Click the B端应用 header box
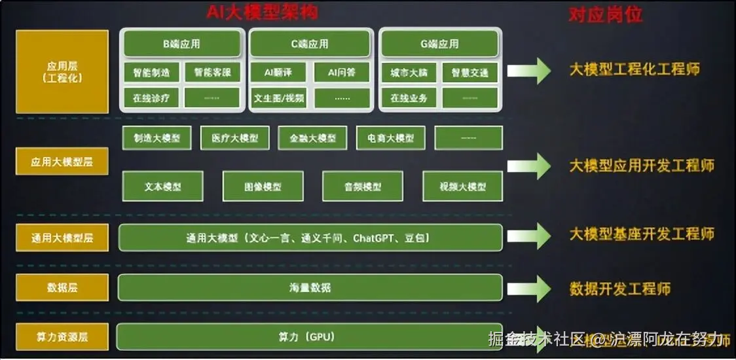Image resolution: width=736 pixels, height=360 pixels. (181, 44)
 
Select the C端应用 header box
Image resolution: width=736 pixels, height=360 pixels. (310, 44)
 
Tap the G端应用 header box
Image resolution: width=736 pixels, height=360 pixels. (439, 44)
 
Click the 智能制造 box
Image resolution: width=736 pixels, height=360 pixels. (151, 73)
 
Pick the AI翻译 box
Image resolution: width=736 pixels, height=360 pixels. (278, 73)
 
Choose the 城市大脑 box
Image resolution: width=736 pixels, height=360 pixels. (409, 73)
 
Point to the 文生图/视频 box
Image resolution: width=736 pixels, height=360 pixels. (278, 98)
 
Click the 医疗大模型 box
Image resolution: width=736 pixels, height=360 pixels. (234, 138)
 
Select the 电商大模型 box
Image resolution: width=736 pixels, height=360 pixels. (390, 138)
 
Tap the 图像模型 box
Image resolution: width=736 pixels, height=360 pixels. (263, 187)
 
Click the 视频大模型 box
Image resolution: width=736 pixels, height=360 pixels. (463, 187)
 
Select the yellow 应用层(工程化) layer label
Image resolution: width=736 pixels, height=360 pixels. (62, 72)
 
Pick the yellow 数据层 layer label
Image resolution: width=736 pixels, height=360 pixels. (62, 287)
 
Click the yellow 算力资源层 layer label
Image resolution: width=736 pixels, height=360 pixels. (62, 337)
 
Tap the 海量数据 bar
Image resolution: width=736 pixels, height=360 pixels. (310, 287)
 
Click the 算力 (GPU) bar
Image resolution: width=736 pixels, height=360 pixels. (310, 337)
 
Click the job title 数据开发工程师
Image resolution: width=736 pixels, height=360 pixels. (619, 289)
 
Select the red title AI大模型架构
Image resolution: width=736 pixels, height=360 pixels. (261, 12)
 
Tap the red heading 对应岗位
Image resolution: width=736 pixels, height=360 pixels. (605, 14)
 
